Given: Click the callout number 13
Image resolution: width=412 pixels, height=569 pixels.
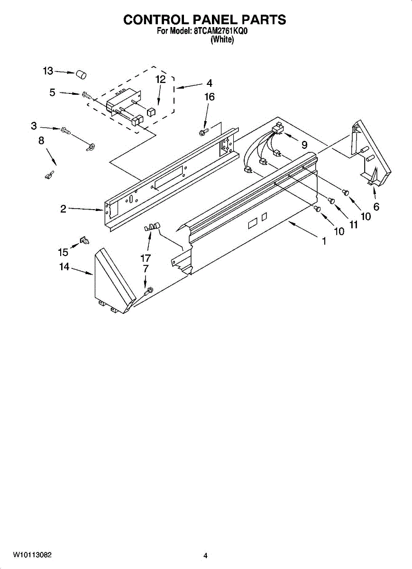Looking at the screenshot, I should coord(48,71).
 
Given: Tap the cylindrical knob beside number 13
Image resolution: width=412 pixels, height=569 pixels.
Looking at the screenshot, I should coord(82,74).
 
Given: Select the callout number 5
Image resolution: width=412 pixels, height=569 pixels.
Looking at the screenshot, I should coord(53,92).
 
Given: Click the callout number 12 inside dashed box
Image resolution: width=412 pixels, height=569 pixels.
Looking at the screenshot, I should coord(161,80).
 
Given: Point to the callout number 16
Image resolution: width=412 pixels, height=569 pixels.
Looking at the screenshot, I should coord(209,97).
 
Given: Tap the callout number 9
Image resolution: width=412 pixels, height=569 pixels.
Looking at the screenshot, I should coord(304,145).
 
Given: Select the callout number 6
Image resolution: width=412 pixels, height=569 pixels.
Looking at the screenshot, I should coord(376,206).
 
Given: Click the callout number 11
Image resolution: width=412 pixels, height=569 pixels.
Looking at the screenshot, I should coord(353,225).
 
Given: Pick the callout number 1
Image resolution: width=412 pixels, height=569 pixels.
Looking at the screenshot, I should coord(324,241).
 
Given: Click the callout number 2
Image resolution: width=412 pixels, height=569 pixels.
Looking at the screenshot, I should coord(63,209).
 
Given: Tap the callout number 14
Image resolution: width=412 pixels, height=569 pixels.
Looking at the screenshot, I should coord(64,267).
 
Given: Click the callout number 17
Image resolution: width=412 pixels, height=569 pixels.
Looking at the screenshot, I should coord(145,258).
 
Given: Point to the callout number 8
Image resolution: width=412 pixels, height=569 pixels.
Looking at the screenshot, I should coord(41,140).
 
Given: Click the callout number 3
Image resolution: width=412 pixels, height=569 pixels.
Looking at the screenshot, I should coord(34,126).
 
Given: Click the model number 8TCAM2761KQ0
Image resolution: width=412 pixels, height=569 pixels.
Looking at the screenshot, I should coord(221,32).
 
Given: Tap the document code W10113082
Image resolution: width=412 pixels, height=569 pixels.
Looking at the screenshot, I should coord(32,555).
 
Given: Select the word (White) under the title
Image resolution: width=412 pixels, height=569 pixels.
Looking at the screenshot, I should coord(222,40).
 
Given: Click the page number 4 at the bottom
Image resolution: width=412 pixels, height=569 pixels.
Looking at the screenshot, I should coord(205,556).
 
